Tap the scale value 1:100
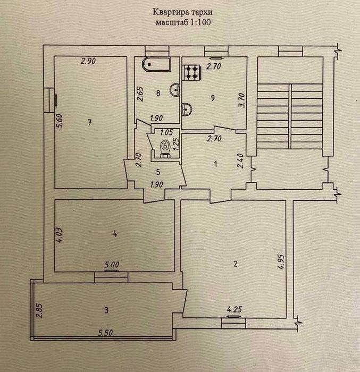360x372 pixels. pyautogui.click(x=200, y=22)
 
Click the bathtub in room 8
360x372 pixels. pyautogui.click(x=156, y=64)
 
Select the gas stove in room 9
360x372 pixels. pyautogui.click(x=192, y=73)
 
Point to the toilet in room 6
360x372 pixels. pyautogui.click(x=165, y=149)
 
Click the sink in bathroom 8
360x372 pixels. pyautogui.click(x=175, y=90)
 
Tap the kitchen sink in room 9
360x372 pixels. pyautogui.click(x=187, y=109)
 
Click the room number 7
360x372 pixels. pyautogui.click(x=90, y=123)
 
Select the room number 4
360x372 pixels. pyautogui.click(x=115, y=234)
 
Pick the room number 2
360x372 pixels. pyautogui.click(x=236, y=264)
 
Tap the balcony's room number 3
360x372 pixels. pyautogui.click(x=106, y=310)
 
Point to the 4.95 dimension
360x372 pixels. pyautogui.click(x=281, y=262)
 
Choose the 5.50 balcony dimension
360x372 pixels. pyautogui.click(x=105, y=333)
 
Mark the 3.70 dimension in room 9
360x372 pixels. pyautogui.click(x=242, y=100)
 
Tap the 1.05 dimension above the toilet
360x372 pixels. pyautogui.click(x=166, y=132)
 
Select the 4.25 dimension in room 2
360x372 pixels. pyautogui.click(x=235, y=309)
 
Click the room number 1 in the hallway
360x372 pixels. pyautogui.click(x=215, y=164)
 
